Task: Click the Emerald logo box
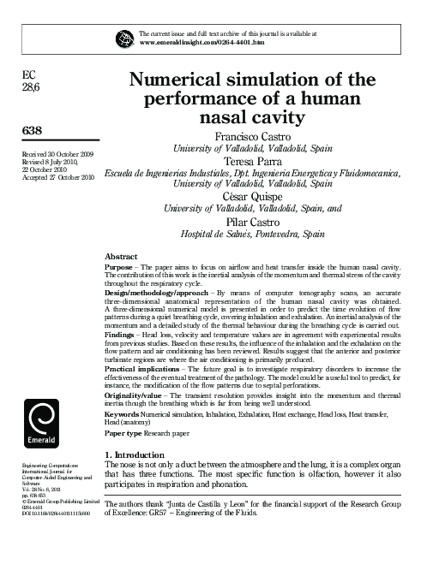(x=41, y=419)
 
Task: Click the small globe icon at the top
(x=125, y=38)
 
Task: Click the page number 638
(x=31, y=129)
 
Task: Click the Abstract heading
(x=121, y=256)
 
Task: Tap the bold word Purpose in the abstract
(x=118, y=267)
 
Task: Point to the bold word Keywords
(x=121, y=413)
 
